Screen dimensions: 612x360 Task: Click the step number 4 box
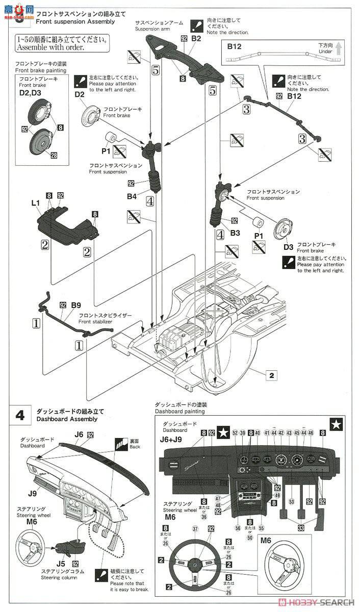pos(19,415)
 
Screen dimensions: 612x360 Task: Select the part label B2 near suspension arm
pos(197,39)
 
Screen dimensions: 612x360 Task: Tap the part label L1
pos(35,203)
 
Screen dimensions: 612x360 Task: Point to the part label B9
pos(75,305)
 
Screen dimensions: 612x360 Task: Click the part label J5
pos(60,564)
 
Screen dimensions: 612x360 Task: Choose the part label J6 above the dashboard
pos(79,435)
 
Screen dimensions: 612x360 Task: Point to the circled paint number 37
pos(195,528)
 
